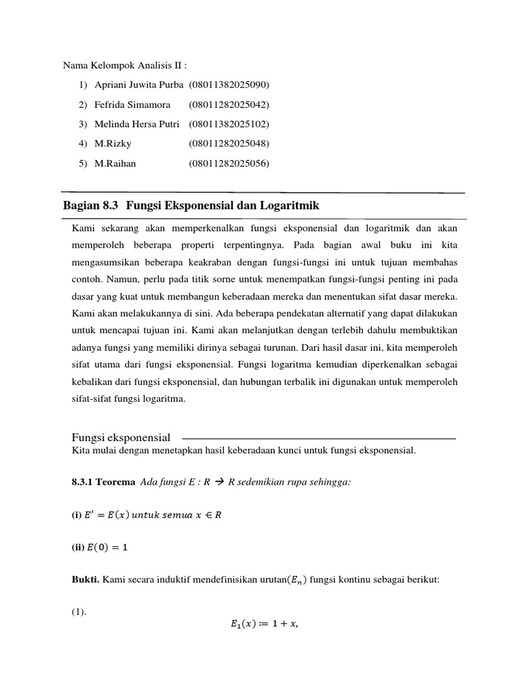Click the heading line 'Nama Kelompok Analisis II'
pyautogui.click(x=124, y=66)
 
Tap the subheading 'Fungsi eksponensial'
pyautogui.click(x=121, y=437)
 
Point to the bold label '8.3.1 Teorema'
pyautogui.click(x=103, y=482)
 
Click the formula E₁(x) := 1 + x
pyautogui.click(x=260, y=626)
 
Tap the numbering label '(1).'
pyautogui.click(x=80, y=612)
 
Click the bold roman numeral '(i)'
pyautogui.click(x=77, y=516)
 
